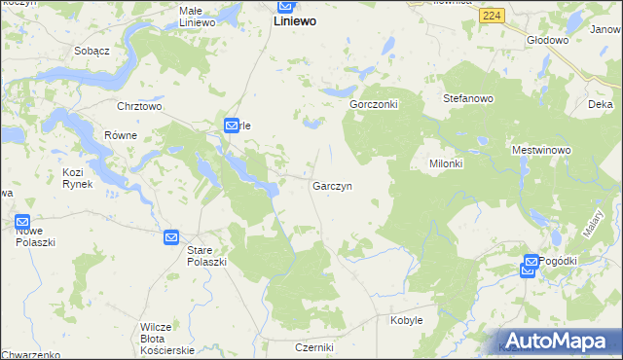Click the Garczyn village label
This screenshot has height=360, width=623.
pos(332,185)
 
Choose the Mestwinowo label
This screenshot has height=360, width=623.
pos(541,151)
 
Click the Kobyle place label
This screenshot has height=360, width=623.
pos(406,319)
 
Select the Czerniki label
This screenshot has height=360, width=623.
pos(314,347)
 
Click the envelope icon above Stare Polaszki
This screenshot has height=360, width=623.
pos(171,236)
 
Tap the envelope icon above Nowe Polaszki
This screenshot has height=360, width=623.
pos(22,222)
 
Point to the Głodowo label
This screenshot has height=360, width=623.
pos(546,40)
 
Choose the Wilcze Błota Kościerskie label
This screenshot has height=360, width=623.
pos(167,338)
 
